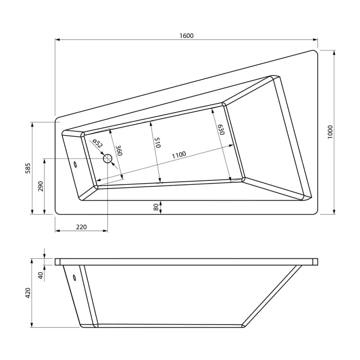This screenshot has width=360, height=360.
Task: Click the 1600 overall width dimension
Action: pos(186,36)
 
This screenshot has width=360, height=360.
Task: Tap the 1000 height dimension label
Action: pos(330,132)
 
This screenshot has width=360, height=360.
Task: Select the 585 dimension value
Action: pos(28,168)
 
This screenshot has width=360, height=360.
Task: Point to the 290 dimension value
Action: pos(40,186)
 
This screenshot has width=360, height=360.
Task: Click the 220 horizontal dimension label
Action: pos(81,227)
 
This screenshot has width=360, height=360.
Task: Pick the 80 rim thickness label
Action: pos(156,207)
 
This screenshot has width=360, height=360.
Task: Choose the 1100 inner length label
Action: pos(179,155)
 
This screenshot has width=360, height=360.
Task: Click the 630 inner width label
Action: pos(221,130)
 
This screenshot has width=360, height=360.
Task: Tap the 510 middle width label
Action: pos(157,142)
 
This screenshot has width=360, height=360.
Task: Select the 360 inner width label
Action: pos(119,151)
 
